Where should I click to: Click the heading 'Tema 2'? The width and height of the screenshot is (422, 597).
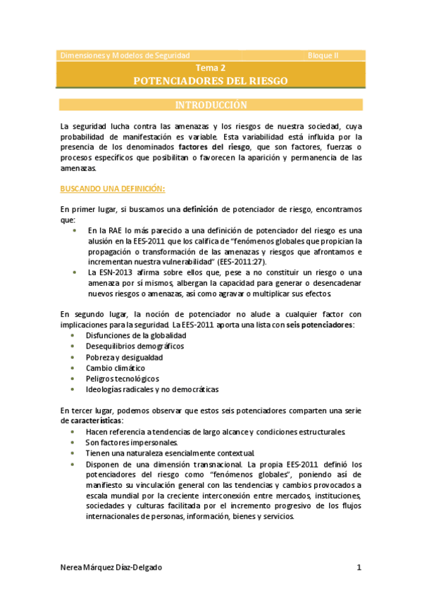211,69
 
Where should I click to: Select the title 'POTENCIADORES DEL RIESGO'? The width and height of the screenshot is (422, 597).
211,81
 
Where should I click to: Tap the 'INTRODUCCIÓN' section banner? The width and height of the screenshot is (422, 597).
211,106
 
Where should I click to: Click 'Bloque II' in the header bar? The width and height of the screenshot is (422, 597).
323,55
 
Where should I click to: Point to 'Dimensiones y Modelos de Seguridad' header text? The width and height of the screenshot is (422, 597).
125,55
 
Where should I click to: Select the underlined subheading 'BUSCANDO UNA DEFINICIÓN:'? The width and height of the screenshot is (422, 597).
113,189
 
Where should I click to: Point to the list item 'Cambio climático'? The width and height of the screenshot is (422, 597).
116,367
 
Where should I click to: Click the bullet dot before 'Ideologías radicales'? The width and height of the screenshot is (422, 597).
74,389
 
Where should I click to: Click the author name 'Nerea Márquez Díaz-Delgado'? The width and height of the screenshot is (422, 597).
116,567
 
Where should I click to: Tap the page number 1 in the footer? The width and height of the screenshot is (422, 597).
359,567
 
